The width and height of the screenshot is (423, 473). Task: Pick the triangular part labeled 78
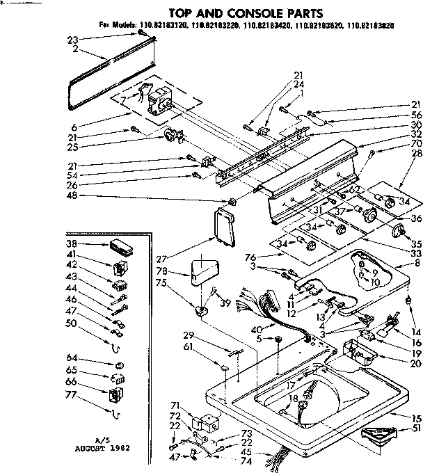tap(206, 268)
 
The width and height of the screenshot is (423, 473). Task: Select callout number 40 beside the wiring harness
tap(256, 329)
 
